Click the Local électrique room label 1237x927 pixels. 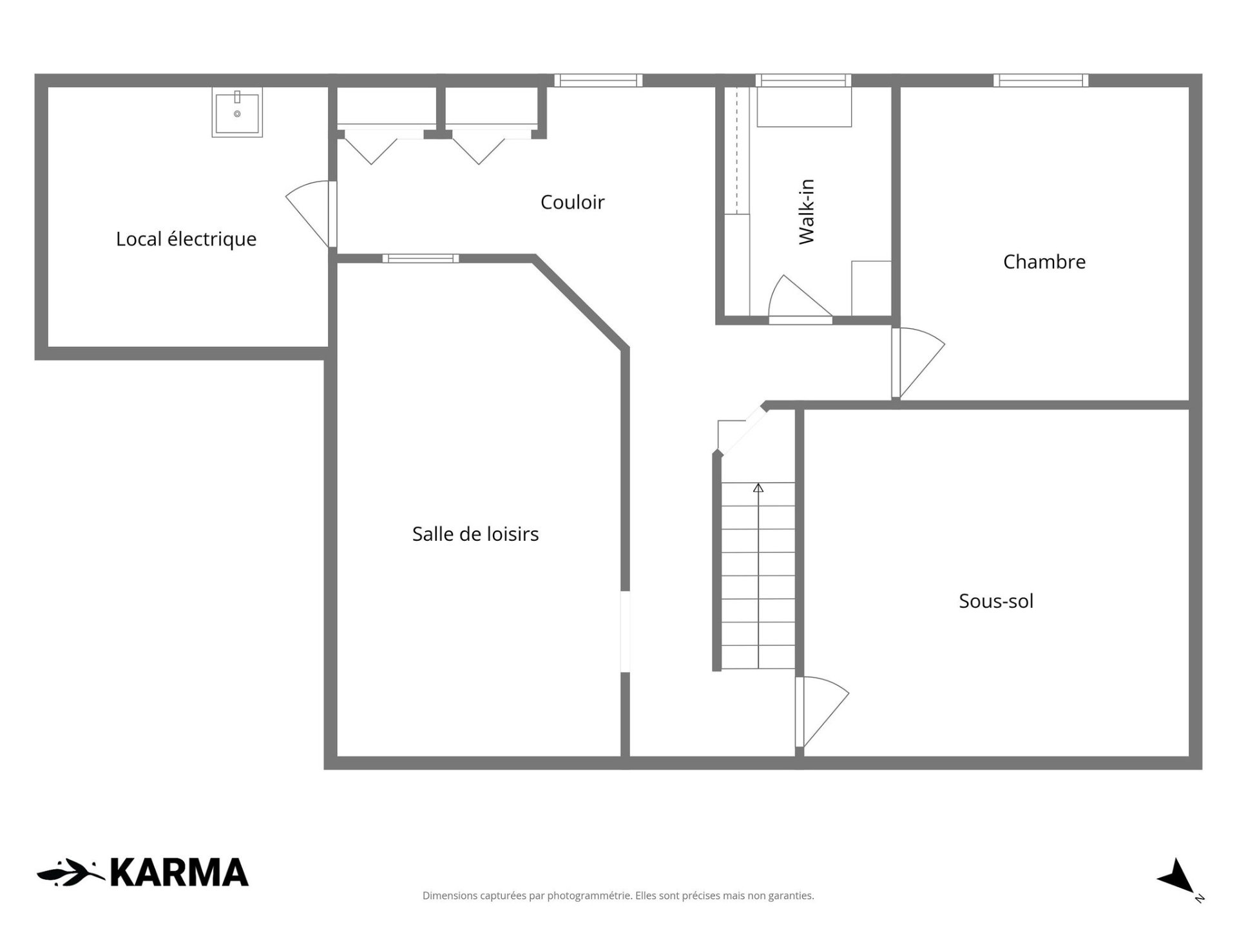186,239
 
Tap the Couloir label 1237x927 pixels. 572,202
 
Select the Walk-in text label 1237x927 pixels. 807,212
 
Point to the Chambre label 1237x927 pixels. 1044,261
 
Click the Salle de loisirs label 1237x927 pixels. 475,534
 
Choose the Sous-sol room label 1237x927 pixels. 996,601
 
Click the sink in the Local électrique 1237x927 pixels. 237,112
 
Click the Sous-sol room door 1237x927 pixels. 821,711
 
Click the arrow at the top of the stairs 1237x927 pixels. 758,488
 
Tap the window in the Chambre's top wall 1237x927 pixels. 1040,80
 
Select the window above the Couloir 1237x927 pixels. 599,80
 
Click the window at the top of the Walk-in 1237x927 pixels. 803,80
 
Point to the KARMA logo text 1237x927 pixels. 179,873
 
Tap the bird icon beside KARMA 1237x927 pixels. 71,872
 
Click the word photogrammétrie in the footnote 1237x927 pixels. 590,896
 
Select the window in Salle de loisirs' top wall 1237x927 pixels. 421,258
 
